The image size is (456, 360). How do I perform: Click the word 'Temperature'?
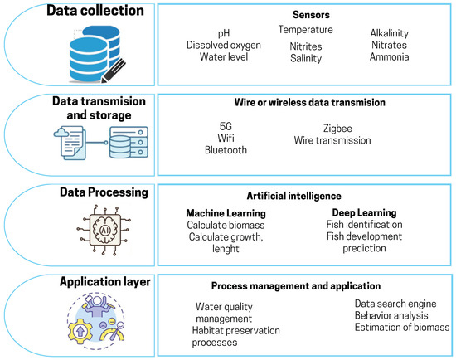[x=305, y=30]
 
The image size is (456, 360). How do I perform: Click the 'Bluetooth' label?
[x=227, y=150]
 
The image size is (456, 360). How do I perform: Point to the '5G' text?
[x=227, y=125]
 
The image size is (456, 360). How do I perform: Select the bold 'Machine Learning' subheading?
[x=226, y=212]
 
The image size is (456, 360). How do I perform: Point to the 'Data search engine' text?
[x=398, y=304]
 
